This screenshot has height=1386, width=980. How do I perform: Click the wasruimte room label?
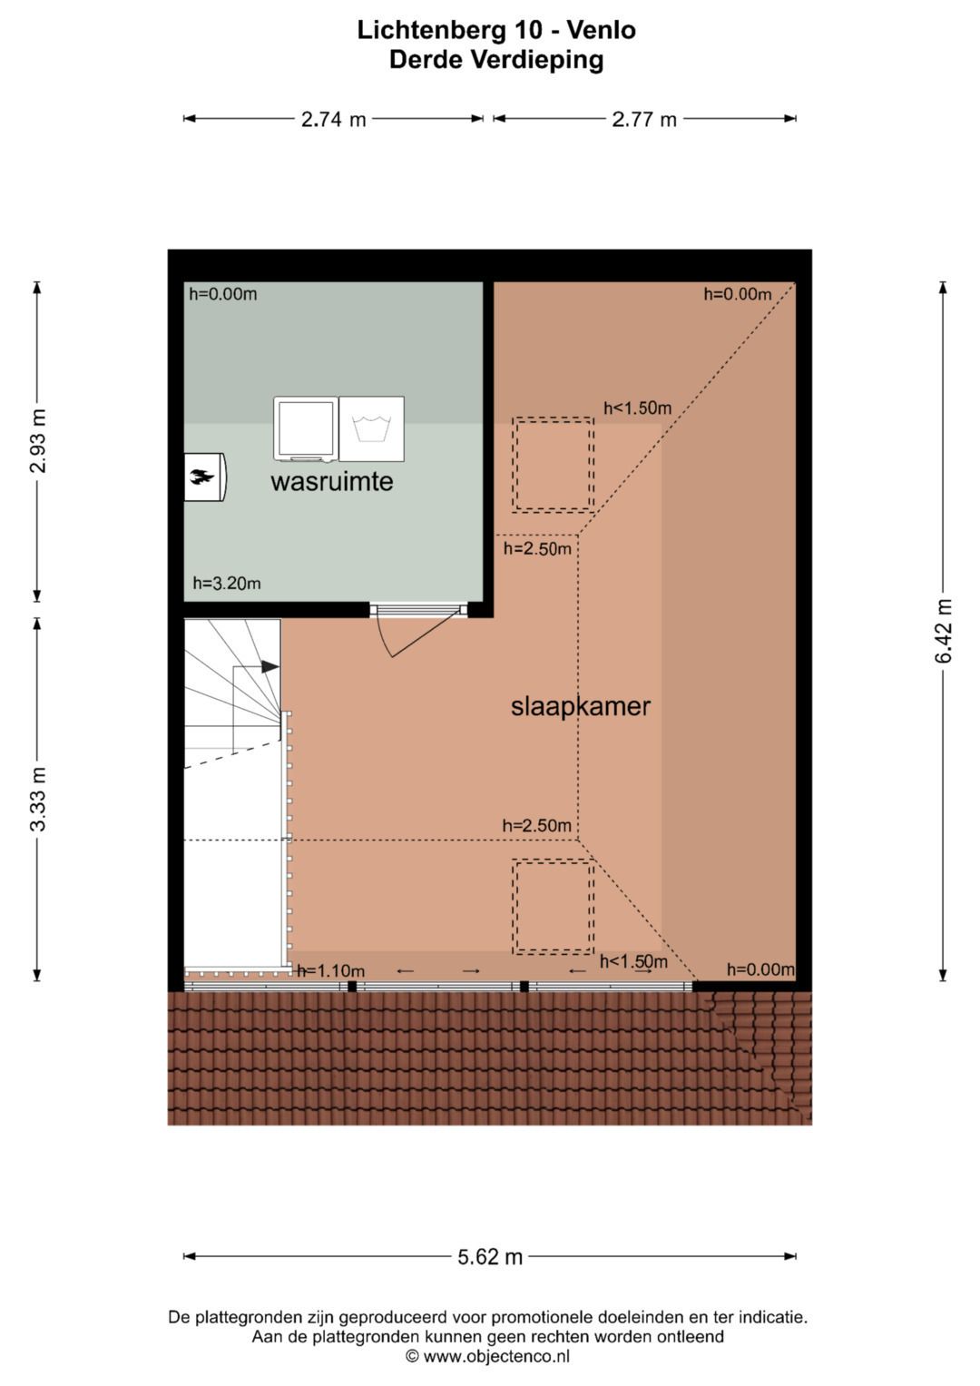pyautogui.click(x=331, y=481)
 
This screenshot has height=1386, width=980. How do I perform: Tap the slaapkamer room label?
pyautogui.click(x=581, y=706)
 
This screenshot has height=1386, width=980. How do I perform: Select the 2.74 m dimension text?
pyautogui.click(x=334, y=119)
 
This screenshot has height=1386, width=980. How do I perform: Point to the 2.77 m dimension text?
pyautogui.click(x=644, y=119)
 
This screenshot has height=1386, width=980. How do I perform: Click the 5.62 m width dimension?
pyautogui.click(x=490, y=1257)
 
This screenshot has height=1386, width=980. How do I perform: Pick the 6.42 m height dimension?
pyautogui.click(x=943, y=631)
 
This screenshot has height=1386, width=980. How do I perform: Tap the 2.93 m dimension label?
pyautogui.click(x=38, y=440)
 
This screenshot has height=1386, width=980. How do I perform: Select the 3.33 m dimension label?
pyautogui.click(x=38, y=799)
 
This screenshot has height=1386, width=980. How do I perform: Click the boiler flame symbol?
pyautogui.click(x=202, y=477)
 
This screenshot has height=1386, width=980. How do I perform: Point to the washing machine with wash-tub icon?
pyautogui.click(x=372, y=428)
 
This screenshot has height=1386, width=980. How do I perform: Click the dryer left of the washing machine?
pyautogui.click(x=306, y=428)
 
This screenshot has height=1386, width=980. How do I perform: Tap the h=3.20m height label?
pyautogui.click(x=227, y=583)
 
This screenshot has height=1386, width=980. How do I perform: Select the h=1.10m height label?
pyautogui.click(x=331, y=970)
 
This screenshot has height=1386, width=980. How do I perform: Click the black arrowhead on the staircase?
pyautogui.click(x=270, y=666)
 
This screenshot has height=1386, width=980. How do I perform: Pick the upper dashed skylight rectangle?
pyautogui.click(x=554, y=465)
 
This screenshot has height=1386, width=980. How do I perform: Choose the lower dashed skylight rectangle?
pyautogui.click(x=554, y=907)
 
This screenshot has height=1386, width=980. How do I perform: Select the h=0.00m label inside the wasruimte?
pyautogui.click(x=222, y=294)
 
